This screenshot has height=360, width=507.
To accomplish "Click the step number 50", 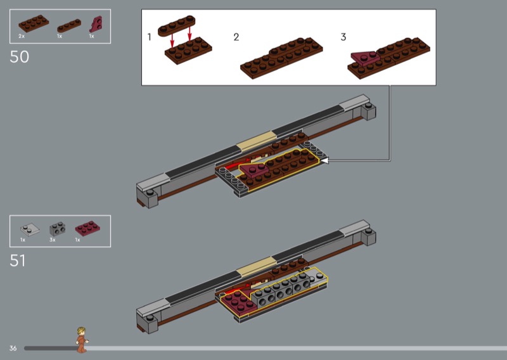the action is [x=20, y=57].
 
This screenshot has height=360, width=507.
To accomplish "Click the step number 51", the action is [x=18, y=260].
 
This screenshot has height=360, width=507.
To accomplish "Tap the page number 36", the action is [x=13, y=348].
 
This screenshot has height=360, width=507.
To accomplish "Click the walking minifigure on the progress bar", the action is [x=82, y=340].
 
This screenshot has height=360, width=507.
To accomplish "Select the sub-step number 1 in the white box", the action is [x=149, y=37].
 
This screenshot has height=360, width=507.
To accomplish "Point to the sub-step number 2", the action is [x=236, y=37].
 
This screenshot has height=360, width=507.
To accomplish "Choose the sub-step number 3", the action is [x=343, y=37].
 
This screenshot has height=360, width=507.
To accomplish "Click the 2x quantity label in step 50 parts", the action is [x=22, y=36].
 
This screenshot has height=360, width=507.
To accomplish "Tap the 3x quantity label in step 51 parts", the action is [x=53, y=240].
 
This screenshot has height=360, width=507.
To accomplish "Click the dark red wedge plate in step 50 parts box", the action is [x=96, y=24].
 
